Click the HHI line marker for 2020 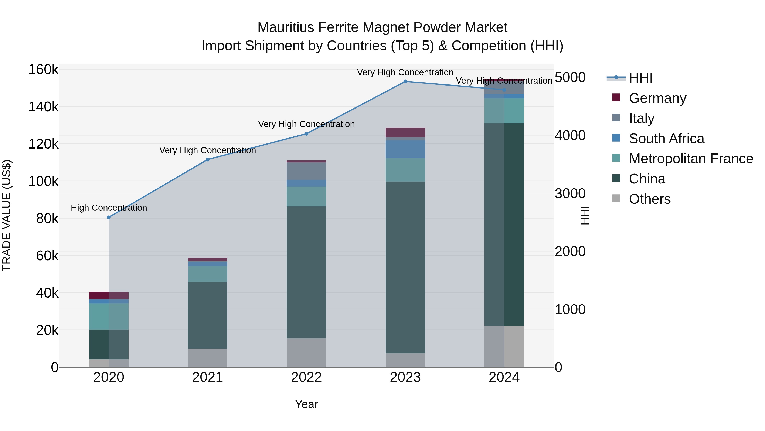click(x=109, y=218)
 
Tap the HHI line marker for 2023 click(x=405, y=82)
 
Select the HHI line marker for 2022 click(x=306, y=134)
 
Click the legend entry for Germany click(x=657, y=98)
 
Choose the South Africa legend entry click(x=666, y=138)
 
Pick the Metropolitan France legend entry click(x=691, y=159)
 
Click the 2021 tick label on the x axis click(x=208, y=377)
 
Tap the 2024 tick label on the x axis click(x=504, y=377)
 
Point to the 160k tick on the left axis click(x=43, y=70)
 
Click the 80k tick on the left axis click(x=47, y=219)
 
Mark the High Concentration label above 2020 click(x=109, y=208)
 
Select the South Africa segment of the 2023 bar click(x=405, y=149)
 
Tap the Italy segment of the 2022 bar click(x=306, y=171)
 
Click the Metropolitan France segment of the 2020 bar click(x=109, y=316)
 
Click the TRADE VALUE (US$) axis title click(x=7, y=215)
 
